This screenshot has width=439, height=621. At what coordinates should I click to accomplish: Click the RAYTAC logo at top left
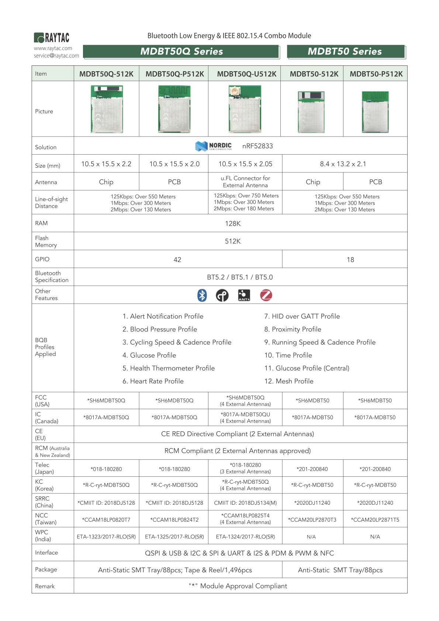coord(52,38)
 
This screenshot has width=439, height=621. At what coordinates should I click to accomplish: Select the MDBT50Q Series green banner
coord(181,52)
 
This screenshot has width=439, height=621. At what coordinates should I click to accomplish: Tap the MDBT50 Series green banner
coord(346,52)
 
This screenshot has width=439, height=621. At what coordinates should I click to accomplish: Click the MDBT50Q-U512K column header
coord(246,74)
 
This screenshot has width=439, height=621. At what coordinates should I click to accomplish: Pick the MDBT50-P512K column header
coord(376,74)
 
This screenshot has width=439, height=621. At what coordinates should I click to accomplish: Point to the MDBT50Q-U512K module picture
coord(245,109)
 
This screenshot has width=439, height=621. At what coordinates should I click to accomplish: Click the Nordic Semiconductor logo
coord(214,146)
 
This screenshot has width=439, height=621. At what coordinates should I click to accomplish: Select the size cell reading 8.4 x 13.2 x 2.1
coord(343,164)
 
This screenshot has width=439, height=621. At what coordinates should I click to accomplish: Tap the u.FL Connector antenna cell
coord(245,182)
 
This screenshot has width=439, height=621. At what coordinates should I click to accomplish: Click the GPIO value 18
coord(350,260)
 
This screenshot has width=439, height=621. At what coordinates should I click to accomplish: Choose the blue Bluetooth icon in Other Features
coord(202,295)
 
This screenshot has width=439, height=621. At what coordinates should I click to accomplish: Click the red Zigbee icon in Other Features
coord(266,295)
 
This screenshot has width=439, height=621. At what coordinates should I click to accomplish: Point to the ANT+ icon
coord(244,295)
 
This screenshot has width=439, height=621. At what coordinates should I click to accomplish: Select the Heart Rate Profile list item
coord(153,381)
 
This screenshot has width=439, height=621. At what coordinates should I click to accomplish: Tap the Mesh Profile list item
coord(289,381)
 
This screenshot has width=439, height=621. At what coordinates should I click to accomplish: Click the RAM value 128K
coord(233,224)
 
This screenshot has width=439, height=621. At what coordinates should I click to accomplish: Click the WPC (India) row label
coord(43,535)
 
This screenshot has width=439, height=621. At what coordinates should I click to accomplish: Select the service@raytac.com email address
coord(56,56)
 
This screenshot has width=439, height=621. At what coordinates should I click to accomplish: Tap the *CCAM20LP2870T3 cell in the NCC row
coord(312,520)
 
